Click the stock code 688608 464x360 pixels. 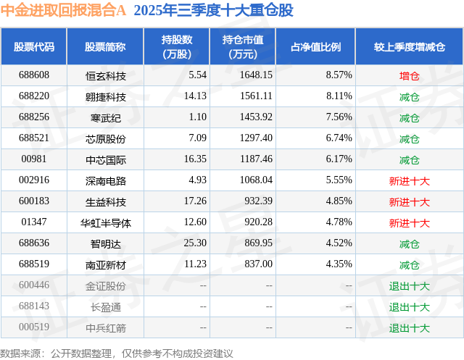point(34,75)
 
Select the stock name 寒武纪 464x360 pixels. point(105,117)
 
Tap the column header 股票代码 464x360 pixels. point(34,46)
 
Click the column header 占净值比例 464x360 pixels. point(315,46)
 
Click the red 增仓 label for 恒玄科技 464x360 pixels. point(409,75)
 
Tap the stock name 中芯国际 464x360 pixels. point(105,159)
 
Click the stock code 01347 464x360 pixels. point(34,222)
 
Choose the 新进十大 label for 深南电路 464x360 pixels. point(409,180)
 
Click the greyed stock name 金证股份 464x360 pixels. point(105,285)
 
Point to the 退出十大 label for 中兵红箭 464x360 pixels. point(409,327)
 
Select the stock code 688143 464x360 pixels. point(34,306)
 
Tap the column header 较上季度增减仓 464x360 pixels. point(409,46)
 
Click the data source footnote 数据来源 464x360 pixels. point(117,353)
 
